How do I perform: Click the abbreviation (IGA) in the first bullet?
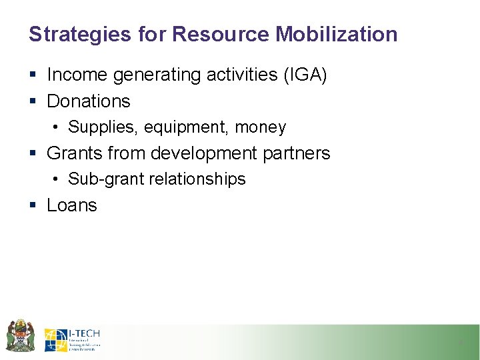(x=305, y=75)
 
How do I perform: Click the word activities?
(x=237, y=75)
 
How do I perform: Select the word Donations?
(x=89, y=101)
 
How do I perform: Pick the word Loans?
(x=72, y=205)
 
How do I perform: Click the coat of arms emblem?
(x=20, y=336)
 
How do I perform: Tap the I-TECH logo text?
(x=84, y=333)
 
